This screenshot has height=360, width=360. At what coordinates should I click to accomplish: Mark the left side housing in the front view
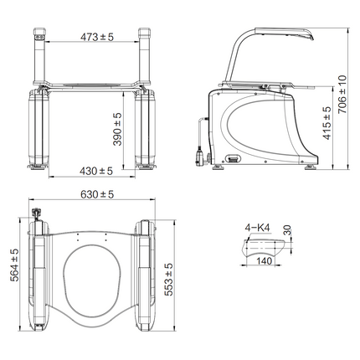coord(38,126)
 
